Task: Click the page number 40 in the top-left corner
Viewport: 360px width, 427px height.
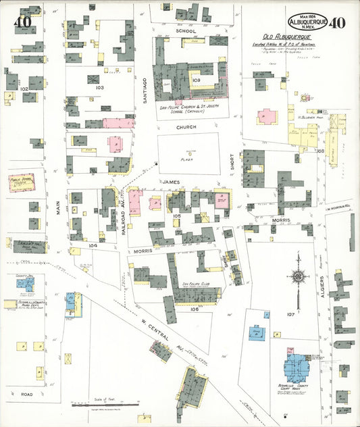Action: [22, 22]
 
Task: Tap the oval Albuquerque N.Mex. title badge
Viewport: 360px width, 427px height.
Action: [308, 22]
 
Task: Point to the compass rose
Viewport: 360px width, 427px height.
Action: [297, 276]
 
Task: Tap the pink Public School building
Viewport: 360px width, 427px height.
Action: [22, 182]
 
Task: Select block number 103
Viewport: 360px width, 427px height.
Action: [100, 88]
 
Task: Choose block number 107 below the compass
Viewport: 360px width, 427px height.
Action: [291, 314]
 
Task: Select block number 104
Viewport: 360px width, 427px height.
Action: [93, 245]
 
